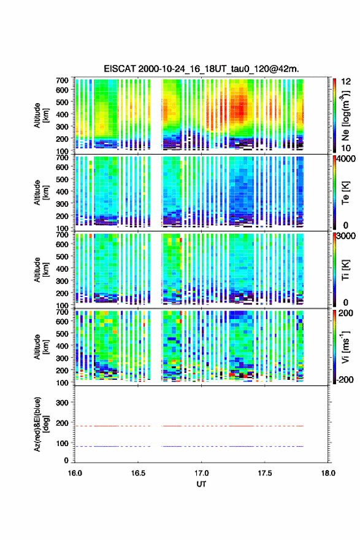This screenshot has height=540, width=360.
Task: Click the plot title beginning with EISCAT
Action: pos(201,69)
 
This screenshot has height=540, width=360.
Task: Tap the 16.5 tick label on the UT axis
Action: pos(138,473)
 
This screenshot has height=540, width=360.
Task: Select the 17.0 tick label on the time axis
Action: pos(201,473)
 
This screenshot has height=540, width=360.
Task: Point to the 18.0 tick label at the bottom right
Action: pos(328,473)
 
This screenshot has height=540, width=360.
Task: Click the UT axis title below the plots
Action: pos(201,484)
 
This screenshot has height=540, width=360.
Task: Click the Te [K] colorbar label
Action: pos(345,193)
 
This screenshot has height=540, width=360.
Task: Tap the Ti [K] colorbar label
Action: pos(345,270)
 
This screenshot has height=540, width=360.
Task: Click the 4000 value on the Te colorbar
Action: pos(347,160)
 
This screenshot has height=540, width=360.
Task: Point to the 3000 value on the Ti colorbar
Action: pos(347,236)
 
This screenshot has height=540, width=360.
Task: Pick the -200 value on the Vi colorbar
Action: pos(345,379)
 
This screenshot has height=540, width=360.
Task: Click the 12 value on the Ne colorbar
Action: pos(347,82)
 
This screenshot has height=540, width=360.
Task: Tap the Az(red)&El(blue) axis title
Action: pos(40,424)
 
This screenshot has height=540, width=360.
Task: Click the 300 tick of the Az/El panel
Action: pos(63,403)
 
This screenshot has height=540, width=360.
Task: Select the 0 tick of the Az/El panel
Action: pos(66,460)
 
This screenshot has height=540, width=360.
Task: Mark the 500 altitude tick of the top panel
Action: pos(63,102)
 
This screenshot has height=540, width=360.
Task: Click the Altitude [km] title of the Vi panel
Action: pos(40,347)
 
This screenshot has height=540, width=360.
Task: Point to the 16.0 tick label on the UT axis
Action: pos(75,473)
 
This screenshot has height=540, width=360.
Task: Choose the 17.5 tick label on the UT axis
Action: pos(265,473)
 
